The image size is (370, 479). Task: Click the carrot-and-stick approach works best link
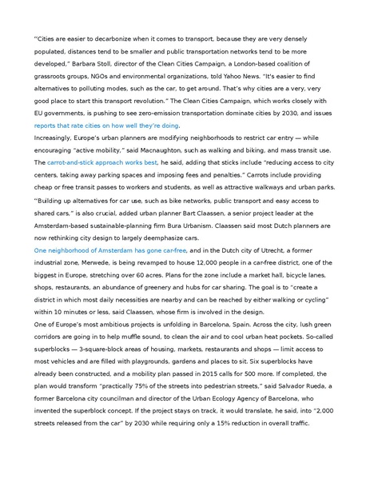pos(90,162)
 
